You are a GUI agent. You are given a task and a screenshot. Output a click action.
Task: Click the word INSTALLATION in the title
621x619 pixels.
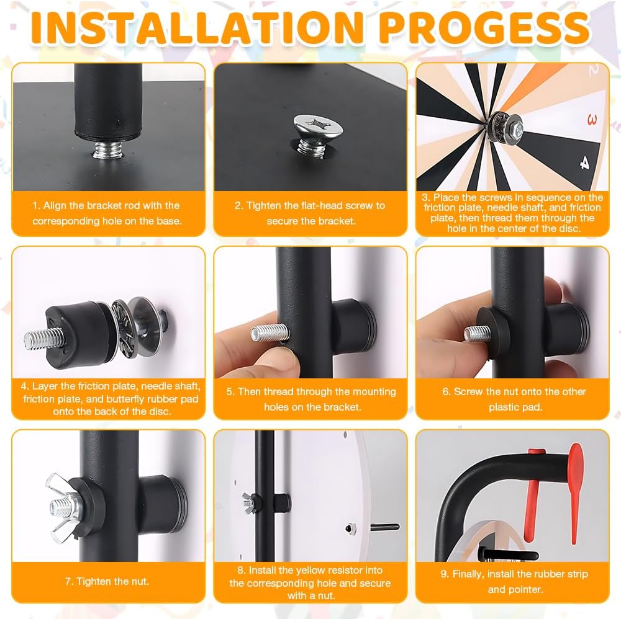point(197,27)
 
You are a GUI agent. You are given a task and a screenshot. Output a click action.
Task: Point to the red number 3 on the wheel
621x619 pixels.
point(592,119)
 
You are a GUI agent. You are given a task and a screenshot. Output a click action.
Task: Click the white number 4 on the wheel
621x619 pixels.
point(584,162)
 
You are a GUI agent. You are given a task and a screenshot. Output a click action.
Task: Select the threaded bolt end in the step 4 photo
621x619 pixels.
point(43,340)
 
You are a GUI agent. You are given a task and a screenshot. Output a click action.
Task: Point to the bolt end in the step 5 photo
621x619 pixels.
point(270,333)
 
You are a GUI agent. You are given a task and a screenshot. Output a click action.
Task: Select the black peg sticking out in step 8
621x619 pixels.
point(384,527)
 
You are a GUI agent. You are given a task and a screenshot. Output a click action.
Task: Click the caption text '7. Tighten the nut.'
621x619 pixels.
point(107,581)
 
